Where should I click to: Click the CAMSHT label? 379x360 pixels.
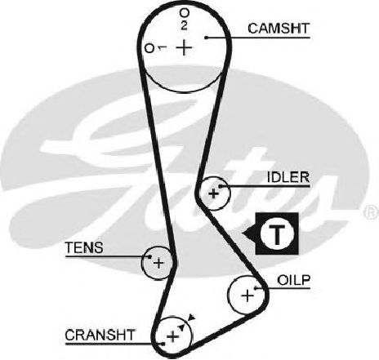coord(279,29)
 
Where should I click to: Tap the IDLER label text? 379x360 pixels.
coord(288,178)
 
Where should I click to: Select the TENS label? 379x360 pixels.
coord(84,248)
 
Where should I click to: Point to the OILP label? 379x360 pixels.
coord(294,280)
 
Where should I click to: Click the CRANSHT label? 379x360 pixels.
coord(100,335)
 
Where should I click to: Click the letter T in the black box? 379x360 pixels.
coord(278,234)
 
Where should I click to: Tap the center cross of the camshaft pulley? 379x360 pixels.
coord(185,47)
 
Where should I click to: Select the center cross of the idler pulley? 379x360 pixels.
coord(214,193)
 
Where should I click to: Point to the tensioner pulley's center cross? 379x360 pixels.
coord(158,263)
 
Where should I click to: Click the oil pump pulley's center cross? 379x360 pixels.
coord(247,296)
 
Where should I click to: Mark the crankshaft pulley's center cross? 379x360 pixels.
coord(172,337)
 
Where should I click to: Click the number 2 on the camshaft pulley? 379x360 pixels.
coord(184,25)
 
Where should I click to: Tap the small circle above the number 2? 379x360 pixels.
coord(184,12)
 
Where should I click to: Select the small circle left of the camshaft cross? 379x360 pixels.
coord(149,48)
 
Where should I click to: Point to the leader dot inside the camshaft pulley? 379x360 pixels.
coord(206,38)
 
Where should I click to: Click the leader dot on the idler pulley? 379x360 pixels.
coord(221,186)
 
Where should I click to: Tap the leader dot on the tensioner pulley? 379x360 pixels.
coord(150,256)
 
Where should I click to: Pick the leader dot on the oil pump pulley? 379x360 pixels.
coord(256,288)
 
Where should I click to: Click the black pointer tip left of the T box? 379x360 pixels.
coord(243,233)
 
